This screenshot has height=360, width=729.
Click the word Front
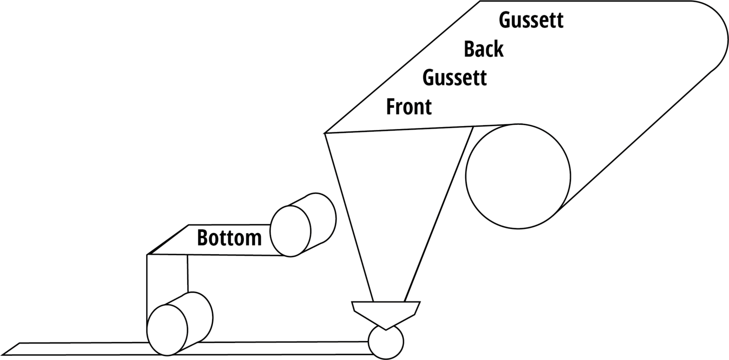[x=409, y=107]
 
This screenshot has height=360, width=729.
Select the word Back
[x=483, y=49]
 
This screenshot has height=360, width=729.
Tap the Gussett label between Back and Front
[x=454, y=78]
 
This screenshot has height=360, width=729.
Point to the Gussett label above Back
[x=531, y=21]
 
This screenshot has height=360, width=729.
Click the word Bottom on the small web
[x=229, y=238]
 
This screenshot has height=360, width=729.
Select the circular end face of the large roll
[x=518, y=176]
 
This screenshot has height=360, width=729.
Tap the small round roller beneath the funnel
[x=385, y=342]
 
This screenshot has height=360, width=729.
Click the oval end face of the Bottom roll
[x=290, y=231]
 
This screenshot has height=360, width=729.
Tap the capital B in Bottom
[x=203, y=238]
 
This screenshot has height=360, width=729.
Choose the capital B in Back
[x=470, y=49]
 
